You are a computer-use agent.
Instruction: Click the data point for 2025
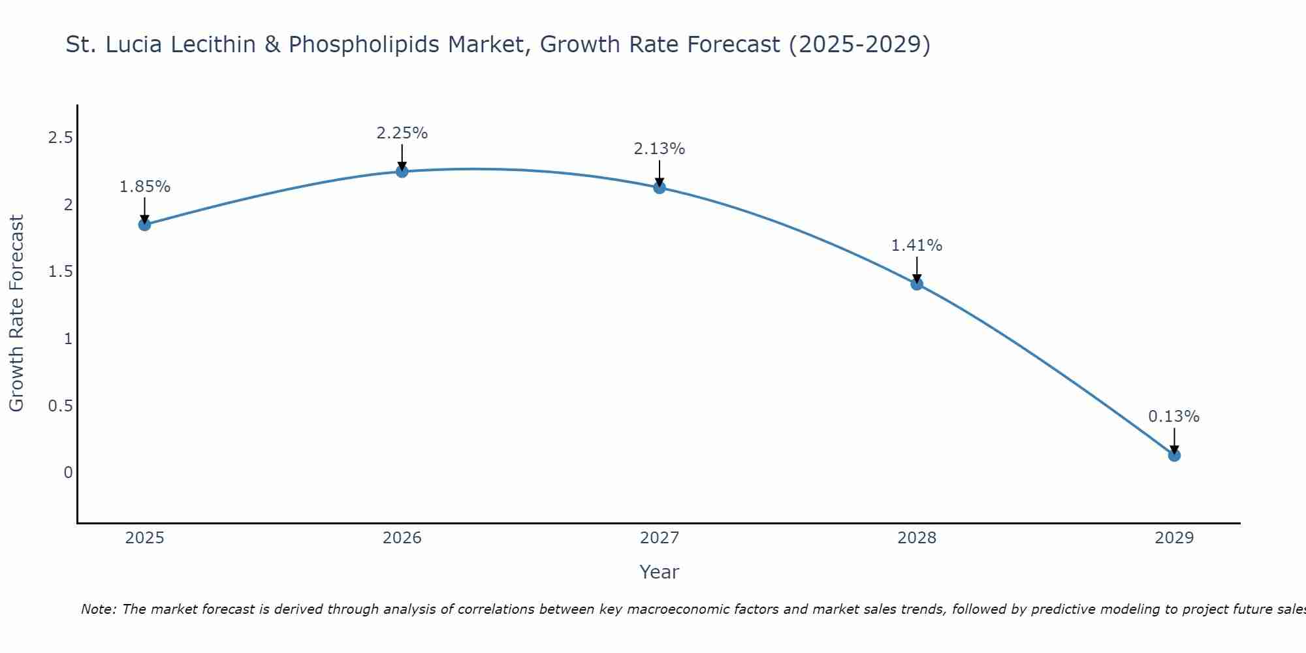click(144, 225)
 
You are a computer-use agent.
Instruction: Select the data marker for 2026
click(402, 171)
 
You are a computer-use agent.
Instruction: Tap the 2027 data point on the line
click(660, 187)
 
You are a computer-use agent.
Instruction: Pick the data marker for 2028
click(917, 283)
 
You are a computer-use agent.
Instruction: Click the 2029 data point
click(1174, 455)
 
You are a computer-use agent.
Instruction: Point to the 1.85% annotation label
click(144, 187)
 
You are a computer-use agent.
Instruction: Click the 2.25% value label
click(402, 133)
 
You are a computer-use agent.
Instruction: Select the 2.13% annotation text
click(660, 149)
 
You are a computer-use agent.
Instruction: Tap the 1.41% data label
click(917, 246)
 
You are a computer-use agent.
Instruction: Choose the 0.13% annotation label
click(1174, 417)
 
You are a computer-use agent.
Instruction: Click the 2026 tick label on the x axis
click(402, 538)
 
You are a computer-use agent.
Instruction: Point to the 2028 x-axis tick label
click(917, 538)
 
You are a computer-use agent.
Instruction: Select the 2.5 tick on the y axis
click(60, 138)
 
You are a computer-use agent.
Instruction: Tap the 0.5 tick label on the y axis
click(60, 406)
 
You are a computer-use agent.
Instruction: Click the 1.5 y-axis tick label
click(60, 272)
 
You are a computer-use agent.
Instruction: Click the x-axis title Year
click(660, 572)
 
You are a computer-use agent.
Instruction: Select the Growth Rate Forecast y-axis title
click(16, 313)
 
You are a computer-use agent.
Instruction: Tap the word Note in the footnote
click(99, 609)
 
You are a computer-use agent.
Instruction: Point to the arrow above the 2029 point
click(1174, 440)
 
